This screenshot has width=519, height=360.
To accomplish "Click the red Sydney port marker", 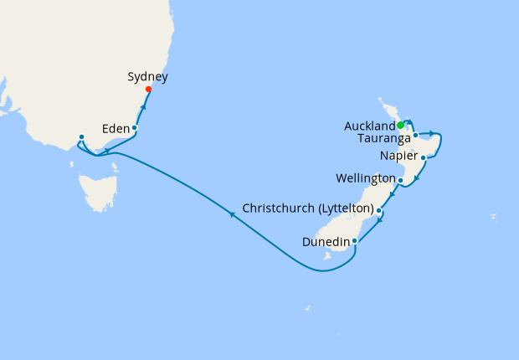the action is pos(148,90).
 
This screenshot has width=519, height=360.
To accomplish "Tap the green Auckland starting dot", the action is pos(400,125).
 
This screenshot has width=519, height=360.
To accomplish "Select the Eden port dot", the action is pos(134,128).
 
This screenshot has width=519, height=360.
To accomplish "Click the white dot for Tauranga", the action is pos(415,135).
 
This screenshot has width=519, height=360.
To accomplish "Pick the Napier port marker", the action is pos(424,157).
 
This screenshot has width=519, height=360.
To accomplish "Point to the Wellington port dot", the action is pos(401,180).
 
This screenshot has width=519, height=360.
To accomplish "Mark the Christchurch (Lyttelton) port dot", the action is pos(379,210).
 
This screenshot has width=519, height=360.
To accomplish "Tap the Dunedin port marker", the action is pos(355,241).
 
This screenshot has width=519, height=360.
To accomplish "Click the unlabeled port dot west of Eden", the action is pos(80,136).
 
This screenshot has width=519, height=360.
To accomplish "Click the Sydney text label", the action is pos(147,77).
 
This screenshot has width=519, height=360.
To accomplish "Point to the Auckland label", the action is pos(369,126).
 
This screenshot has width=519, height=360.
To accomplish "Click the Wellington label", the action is pos(365,179).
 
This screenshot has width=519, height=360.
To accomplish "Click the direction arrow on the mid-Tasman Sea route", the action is pos(231,215).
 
